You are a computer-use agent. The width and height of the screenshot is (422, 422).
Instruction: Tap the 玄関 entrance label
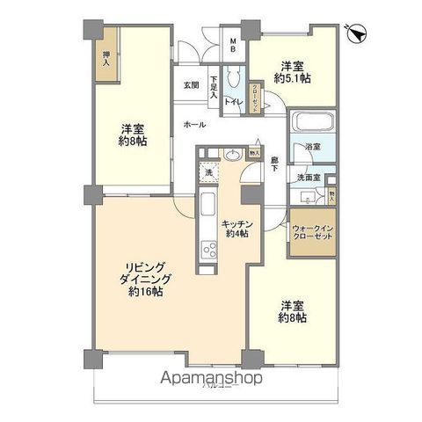click(191, 85)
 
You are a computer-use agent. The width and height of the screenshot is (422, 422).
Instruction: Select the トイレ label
click(232, 103)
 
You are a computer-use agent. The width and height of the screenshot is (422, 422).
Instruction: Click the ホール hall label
click(194, 125)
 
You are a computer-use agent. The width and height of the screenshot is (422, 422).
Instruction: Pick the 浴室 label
click(312, 146)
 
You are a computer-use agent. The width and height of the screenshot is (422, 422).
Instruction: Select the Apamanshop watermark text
click(211, 379)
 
